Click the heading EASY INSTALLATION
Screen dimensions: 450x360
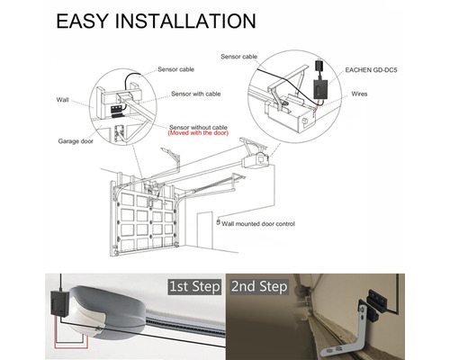pyautogui.click(x=156, y=21)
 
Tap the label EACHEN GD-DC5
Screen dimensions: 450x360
pyautogui.click(x=371, y=70)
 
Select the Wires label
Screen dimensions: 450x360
pyautogui.click(x=359, y=94)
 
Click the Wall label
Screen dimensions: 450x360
pyautogui.click(x=62, y=100)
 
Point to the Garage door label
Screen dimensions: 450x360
pyautogui.click(x=76, y=141)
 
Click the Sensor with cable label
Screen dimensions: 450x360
pyautogui.click(x=196, y=94)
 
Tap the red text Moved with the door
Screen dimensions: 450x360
pyautogui.click(x=198, y=133)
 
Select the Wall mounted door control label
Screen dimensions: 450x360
pyautogui.click(x=258, y=224)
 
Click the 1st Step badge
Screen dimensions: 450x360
pyautogui.click(x=194, y=286)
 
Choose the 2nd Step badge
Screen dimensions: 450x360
pyautogui.click(x=259, y=286)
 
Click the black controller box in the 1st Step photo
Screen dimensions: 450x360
pyautogui.click(x=60, y=303)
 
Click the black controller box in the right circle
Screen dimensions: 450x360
pyautogui.click(x=321, y=89)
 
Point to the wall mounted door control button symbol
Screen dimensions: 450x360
pyautogui.click(x=219, y=222)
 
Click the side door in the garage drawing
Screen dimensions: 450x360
pyautogui.click(x=204, y=229)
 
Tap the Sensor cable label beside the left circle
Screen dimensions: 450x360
pyautogui.click(x=175, y=69)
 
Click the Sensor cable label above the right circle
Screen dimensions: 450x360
pyautogui.click(x=238, y=57)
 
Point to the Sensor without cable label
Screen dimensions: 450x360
pyautogui.click(x=198, y=127)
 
